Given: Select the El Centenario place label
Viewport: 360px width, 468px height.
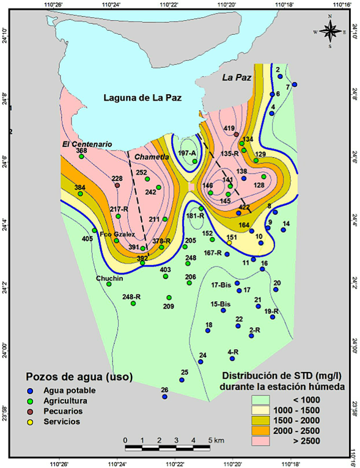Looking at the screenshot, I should click(x=86, y=144).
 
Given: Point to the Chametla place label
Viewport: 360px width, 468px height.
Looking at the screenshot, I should click(x=151, y=157).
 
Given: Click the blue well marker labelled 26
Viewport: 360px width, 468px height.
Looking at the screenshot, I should click(x=164, y=397).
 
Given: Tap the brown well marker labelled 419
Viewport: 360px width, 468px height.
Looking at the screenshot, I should click(x=237, y=134).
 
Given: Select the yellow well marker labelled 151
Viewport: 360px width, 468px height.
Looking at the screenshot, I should click(x=230, y=243).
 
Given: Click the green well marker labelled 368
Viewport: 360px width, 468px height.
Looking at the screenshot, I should click(x=81, y=156).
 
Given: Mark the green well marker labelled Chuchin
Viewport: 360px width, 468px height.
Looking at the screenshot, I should click(x=109, y=284).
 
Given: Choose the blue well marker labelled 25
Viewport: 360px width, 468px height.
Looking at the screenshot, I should click(x=182, y=379).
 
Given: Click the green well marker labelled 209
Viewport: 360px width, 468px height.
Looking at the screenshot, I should click(x=169, y=298).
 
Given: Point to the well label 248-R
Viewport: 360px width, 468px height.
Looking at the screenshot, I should click(x=131, y=297).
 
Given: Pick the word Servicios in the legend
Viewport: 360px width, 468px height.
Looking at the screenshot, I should click(x=61, y=422).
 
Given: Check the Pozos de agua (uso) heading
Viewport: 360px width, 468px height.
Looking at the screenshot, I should click(x=79, y=375).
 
